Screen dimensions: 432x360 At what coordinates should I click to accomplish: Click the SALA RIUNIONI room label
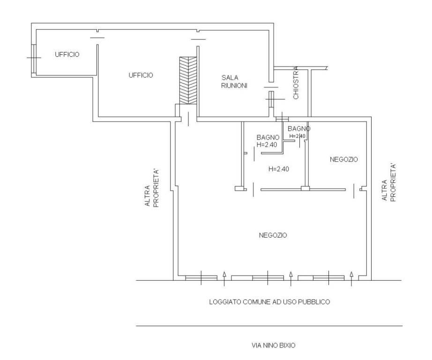234,82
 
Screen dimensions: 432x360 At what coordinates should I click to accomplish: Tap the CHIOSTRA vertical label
296,82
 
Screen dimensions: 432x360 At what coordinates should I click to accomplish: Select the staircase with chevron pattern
188,81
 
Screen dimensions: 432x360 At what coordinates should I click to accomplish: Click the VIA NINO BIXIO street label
273,345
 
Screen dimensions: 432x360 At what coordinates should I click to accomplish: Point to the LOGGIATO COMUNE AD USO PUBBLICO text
269,302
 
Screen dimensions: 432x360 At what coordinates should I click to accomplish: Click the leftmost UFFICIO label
67,54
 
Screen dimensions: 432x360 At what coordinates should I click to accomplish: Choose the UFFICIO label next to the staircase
141,75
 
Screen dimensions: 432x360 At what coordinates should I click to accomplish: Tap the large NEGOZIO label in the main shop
273,235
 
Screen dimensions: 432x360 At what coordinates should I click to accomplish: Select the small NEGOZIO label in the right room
344,159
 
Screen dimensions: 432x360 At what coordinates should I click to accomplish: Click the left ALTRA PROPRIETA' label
152,188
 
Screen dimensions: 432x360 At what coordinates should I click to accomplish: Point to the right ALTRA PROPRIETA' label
389,182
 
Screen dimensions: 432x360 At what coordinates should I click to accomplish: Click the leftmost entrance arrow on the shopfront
224,279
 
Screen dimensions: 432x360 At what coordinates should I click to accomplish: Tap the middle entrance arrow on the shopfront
291,279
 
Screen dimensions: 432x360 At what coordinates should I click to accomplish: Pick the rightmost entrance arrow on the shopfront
351,279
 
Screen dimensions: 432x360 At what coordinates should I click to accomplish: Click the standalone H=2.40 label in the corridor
279,169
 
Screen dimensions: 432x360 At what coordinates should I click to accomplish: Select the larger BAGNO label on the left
268,137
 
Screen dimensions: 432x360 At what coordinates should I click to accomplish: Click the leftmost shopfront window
201,278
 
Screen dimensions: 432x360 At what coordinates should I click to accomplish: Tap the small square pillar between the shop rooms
305,188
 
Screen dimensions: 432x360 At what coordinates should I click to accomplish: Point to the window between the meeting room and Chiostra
272,99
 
